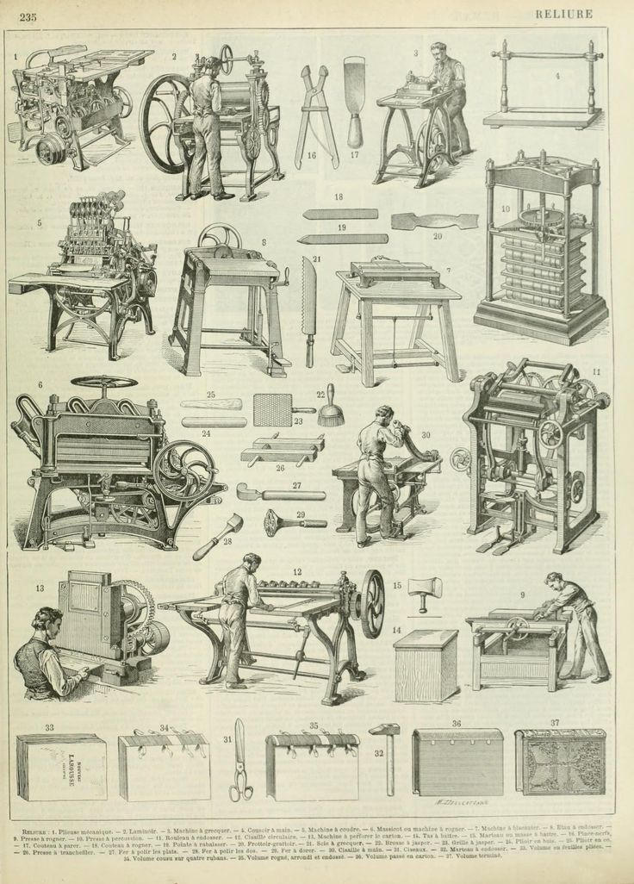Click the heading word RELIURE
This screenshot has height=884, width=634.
(563, 13)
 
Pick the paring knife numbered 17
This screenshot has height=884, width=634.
(353, 99)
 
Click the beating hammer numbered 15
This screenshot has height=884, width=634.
(423, 594)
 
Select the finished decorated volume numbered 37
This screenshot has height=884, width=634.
(560, 763)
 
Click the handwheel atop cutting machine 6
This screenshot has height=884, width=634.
(103, 382)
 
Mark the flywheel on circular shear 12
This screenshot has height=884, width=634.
(371, 604)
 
